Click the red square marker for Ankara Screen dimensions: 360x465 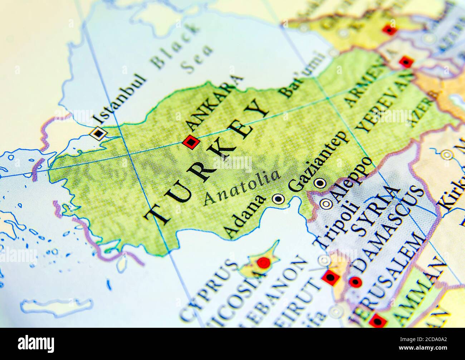pyautogui.click(x=191, y=142)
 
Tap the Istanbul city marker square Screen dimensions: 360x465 pyautogui.click(x=98, y=133)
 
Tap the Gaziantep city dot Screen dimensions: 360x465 pyautogui.click(x=320, y=183)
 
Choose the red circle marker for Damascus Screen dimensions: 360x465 pyautogui.click(x=355, y=282)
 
